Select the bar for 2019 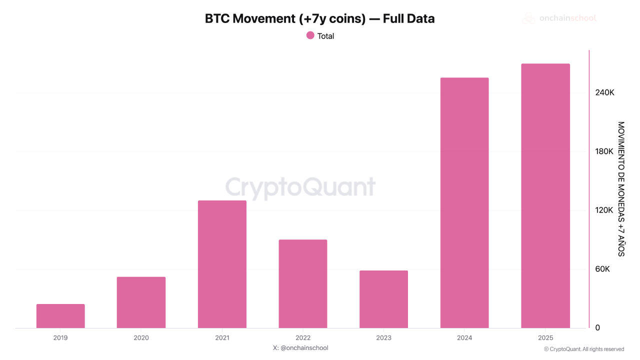(60, 316)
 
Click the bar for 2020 (141, 302)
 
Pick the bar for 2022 (303, 283)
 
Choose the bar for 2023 (383, 299)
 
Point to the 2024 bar (464, 202)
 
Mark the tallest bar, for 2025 (545, 195)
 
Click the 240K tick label (604, 93)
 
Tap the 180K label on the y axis (604, 151)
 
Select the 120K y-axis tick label (604, 210)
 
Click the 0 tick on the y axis (597, 328)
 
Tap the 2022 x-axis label (303, 338)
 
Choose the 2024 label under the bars (464, 338)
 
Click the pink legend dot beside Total (310, 35)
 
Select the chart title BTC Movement (319, 19)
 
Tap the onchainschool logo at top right (559, 18)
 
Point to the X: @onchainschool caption (300, 348)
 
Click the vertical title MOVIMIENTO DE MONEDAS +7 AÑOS (621, 189)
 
